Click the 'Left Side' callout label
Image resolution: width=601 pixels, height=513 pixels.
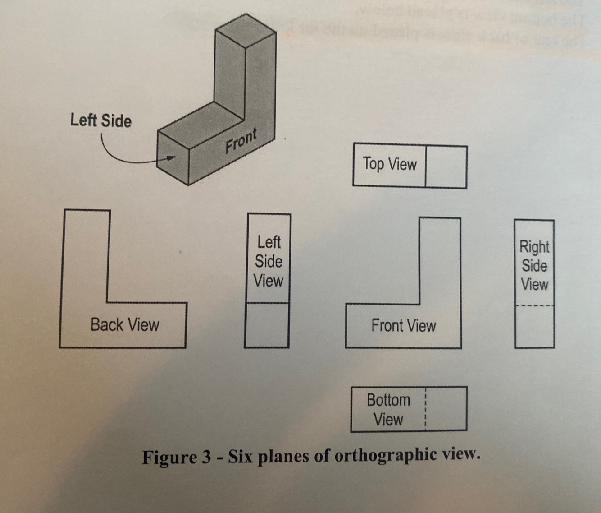point(101,120)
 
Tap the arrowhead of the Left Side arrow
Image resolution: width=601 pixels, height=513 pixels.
point(172,157)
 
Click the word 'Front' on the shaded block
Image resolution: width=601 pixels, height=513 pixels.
point(241,141)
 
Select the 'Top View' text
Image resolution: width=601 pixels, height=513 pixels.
point(390,164)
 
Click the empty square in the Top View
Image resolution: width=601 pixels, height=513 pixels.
point(446,166)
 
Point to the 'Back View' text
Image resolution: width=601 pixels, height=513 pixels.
point(125,324)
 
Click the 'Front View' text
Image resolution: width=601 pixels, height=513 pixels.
point(403,325)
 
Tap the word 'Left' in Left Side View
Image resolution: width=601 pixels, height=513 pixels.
point(269,242)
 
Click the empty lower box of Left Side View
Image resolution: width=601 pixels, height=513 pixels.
point(267,325)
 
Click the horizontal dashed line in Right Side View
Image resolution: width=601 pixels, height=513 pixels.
point(535,306)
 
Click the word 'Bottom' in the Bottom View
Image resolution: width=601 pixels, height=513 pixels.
point(388,400)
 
